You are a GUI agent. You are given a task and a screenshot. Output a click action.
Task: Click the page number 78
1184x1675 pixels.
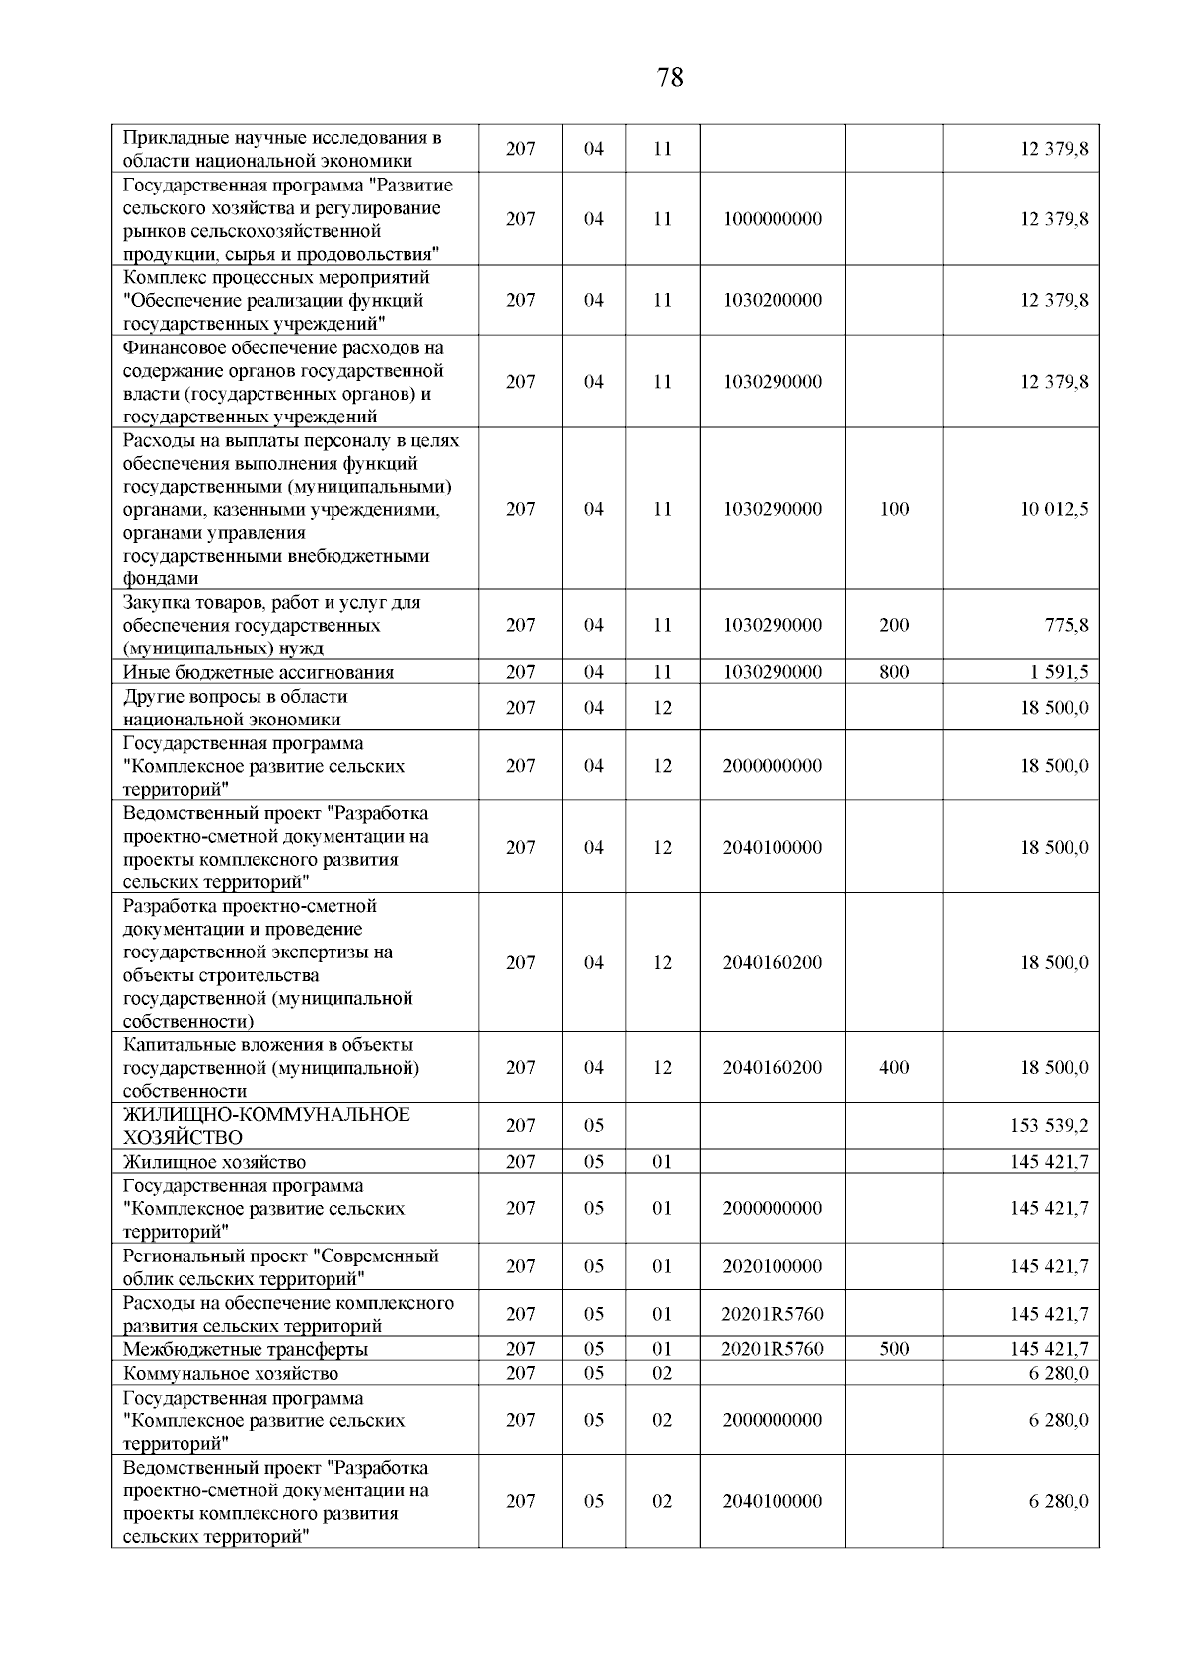669,78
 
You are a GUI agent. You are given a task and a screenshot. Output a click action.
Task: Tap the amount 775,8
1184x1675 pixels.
1067,625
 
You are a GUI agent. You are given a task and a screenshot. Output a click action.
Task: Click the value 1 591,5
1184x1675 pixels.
1058,672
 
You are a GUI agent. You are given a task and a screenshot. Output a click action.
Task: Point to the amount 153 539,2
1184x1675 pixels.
1050,1126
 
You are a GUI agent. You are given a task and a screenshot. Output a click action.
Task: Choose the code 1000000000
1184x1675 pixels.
772,219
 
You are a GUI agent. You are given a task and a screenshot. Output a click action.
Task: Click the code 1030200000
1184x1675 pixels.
772,300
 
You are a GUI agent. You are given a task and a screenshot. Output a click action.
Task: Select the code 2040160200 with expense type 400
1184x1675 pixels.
772,1068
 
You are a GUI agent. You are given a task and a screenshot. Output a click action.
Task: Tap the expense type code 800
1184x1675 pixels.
894,672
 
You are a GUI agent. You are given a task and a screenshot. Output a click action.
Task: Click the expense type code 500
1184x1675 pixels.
894,1349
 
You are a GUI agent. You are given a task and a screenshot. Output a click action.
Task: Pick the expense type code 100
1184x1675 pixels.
894,509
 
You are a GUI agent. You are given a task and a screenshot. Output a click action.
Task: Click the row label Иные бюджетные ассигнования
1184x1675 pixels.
259,673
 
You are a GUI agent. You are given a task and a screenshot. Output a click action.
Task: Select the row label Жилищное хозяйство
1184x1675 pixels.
214,1163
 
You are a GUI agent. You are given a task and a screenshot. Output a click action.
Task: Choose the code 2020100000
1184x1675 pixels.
772,1266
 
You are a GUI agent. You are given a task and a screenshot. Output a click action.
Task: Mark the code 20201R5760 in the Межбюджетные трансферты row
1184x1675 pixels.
772,1349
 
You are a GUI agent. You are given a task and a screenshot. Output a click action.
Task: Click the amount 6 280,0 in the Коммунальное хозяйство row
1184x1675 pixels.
1059,1373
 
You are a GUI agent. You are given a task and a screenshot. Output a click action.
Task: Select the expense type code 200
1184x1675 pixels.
894,625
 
